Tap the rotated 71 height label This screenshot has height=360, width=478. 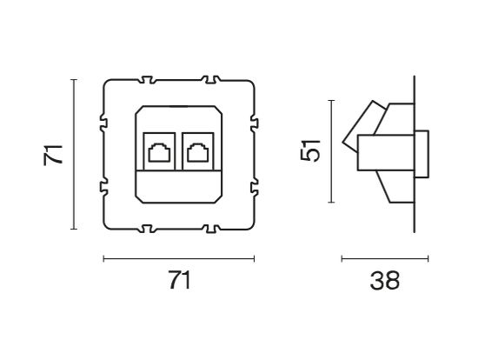(54, 155)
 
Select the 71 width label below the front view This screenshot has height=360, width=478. (178, 281)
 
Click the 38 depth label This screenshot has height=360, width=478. (384, 281)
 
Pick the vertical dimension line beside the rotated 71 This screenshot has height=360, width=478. (74, 155)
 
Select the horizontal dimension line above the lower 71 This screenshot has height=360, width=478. (178, 258)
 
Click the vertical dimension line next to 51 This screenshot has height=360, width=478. (332, 151)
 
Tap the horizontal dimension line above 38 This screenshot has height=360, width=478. (384, 258)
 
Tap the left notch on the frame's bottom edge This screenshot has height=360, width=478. (144, 230)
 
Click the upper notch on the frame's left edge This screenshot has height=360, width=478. (104, 121)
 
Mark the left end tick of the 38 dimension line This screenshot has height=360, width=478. (342, 258)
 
